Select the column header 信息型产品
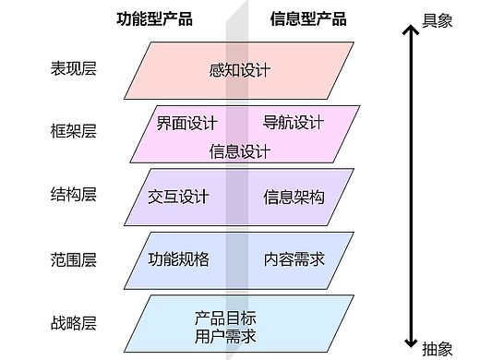tap(308, 18)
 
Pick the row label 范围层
tap(74, 259)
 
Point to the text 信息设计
tap(240, 151)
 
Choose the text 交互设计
tap(178, 196)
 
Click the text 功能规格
tap(178, 259)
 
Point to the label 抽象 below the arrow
tap(437, 349)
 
